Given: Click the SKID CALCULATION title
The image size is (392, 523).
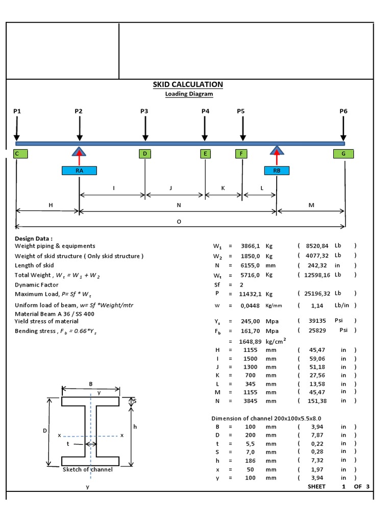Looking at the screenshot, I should coord(188,84).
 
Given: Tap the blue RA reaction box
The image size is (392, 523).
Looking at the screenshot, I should coord(79,171).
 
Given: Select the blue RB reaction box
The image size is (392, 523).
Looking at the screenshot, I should coord(277,171).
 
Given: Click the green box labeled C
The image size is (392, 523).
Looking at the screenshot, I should coord(18,153).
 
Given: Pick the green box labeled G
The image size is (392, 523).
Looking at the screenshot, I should coord(343,153).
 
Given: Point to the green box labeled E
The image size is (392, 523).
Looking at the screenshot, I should coord(205,153).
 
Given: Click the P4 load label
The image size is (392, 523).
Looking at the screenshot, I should coord(205,111).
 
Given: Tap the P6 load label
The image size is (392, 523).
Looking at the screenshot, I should coord(344,111).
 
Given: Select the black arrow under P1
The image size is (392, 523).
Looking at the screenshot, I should coord(17,128).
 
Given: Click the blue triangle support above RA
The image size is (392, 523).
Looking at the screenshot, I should coord(79,151).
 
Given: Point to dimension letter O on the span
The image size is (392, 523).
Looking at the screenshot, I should coord(179,222).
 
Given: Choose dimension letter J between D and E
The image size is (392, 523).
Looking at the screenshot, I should coord(170,188).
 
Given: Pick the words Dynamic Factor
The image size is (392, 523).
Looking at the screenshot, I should coord(37,285).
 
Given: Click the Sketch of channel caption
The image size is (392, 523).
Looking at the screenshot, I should coord(87,469).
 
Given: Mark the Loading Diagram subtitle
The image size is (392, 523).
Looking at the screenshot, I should coord(189,94).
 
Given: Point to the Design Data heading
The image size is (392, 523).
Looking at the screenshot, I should coord(34,239).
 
